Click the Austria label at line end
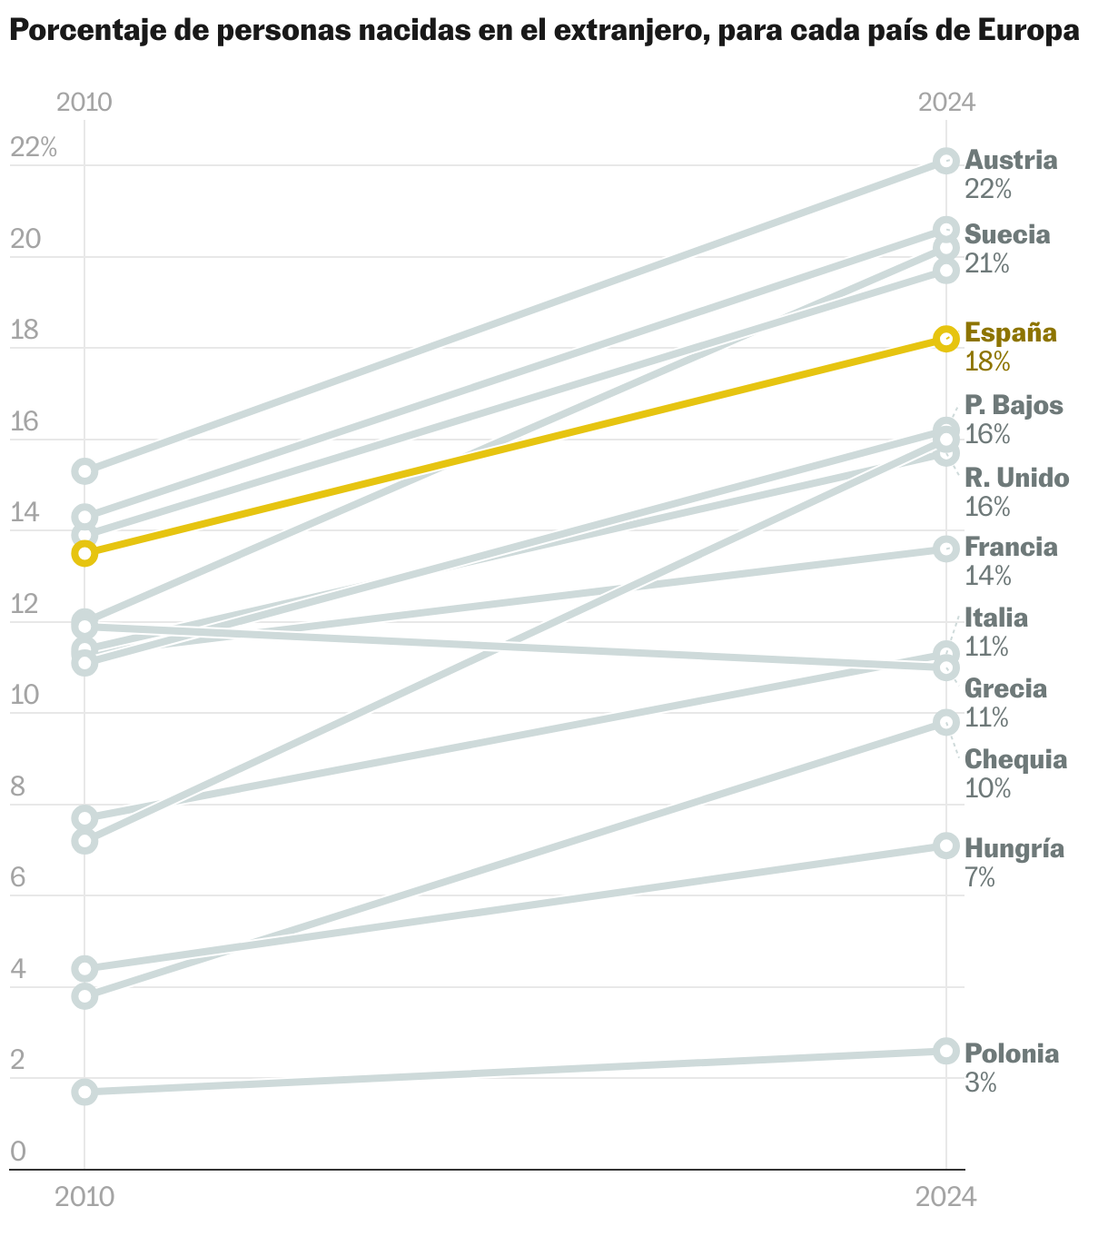(1011, 161)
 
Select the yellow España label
(1011, 332)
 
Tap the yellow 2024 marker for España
(946, 339)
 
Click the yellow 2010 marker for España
(84, 553)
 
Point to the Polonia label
(1012, 1054)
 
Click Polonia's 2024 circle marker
(946, 1051)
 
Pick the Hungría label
(1014, 849)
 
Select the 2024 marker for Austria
(946, 162)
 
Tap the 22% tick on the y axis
(34, 147)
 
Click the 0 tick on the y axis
(18, 1152)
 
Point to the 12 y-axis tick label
(25, 604)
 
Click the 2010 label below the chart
(84, 1197)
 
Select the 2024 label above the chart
(946, 102)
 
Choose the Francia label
(1011, 548)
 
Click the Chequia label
(1015, 759)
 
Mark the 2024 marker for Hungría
(946, 845)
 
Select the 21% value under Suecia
(987, 263)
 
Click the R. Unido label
(1016, 478)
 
